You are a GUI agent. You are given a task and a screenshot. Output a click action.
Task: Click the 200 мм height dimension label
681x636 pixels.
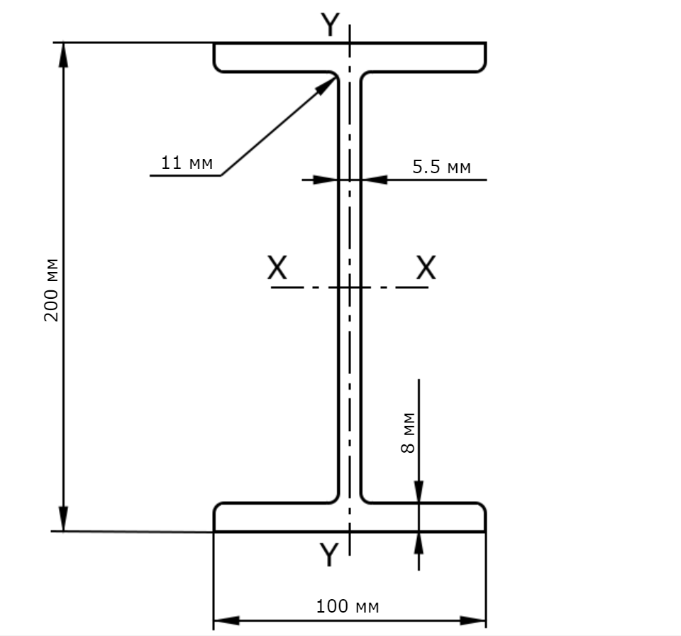51,290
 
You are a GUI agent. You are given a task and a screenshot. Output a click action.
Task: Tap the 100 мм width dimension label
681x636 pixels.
348,606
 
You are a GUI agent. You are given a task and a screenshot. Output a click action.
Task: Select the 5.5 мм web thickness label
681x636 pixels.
441,167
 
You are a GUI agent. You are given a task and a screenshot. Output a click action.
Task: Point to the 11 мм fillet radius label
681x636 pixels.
187,163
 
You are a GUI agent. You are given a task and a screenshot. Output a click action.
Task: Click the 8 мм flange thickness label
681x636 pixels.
408,432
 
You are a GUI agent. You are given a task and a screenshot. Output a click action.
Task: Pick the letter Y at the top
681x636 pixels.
330,25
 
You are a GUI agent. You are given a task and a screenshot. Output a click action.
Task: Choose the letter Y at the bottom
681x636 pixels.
328,554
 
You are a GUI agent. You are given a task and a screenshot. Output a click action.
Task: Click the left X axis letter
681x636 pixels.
277,268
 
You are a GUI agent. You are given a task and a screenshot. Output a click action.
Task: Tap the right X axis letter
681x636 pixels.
426,268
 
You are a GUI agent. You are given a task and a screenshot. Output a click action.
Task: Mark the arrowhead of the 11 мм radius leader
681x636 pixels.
326,86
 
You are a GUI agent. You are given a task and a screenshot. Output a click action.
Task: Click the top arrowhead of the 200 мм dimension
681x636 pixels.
63,55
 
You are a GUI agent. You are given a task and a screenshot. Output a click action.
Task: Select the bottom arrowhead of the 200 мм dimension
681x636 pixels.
63,519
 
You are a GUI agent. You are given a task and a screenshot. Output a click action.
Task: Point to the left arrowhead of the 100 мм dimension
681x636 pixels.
226,620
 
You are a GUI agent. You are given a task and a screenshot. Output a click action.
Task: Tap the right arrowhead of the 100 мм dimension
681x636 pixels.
472,620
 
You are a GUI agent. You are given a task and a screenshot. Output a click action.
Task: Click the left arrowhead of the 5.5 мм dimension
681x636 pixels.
326,180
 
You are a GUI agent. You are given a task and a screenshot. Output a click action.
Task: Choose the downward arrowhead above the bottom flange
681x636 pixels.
419,492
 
